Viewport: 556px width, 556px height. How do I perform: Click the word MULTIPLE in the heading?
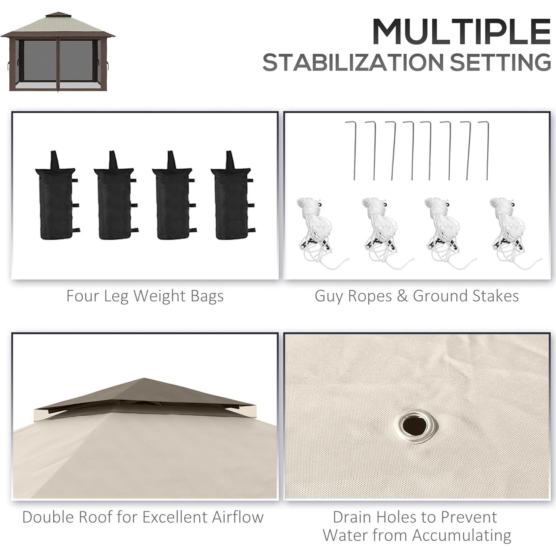pos(461,31)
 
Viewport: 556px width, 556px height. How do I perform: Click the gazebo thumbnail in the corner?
pos(58,52)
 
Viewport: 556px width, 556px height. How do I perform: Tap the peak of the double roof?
pos(144,379)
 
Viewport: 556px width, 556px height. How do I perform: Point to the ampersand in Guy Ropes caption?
pos(402,296)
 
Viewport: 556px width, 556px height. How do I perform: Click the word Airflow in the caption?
pos(238,517)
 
